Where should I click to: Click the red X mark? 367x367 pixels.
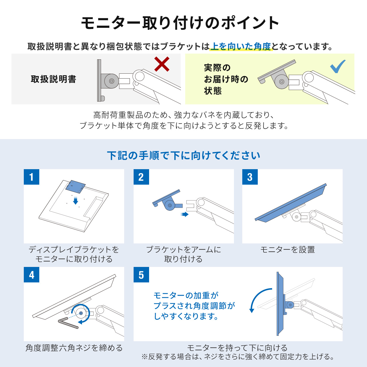pyautogui.click(x=162, y=64)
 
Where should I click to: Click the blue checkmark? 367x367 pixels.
pyautogui.click(x=337, y=67)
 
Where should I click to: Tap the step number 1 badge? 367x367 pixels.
pyautogui.click(x=32, y=177)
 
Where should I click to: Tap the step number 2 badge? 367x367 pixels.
pyautogui.click(x=141, y=177)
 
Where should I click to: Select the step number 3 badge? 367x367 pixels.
pyautogui.click(x=250, y=177)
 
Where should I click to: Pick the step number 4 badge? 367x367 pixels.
pyautogui.click(x=32, y=275)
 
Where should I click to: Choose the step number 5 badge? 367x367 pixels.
pyautogui.click(x=141, y=275)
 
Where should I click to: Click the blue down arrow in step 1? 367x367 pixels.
pyautogui.click(x=76, y=200)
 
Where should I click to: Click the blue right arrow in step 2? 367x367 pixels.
pyautogui.click(x=185, y=214)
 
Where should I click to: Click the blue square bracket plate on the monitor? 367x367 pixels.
pyautogui.click(x=75, y=187)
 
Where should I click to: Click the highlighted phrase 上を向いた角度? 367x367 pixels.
pyautogui.click(x=241, y=46)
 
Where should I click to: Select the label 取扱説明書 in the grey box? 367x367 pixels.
pyautogui.click(x=54, y=79)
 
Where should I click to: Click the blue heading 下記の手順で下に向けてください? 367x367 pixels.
pyautogui.click(x=183, y=155)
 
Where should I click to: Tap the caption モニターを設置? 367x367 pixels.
pyautogui.click(x=288, y=249)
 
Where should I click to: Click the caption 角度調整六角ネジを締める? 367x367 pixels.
pyautogui.click(x=74, y=348)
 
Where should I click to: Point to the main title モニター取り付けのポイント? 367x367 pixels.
pyautogui.click(x=180, y=23)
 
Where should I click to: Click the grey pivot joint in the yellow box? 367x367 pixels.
pyautogui.click(x=282, y=81)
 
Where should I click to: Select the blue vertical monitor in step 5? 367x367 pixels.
pyautogui.click(x=280, y=304)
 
